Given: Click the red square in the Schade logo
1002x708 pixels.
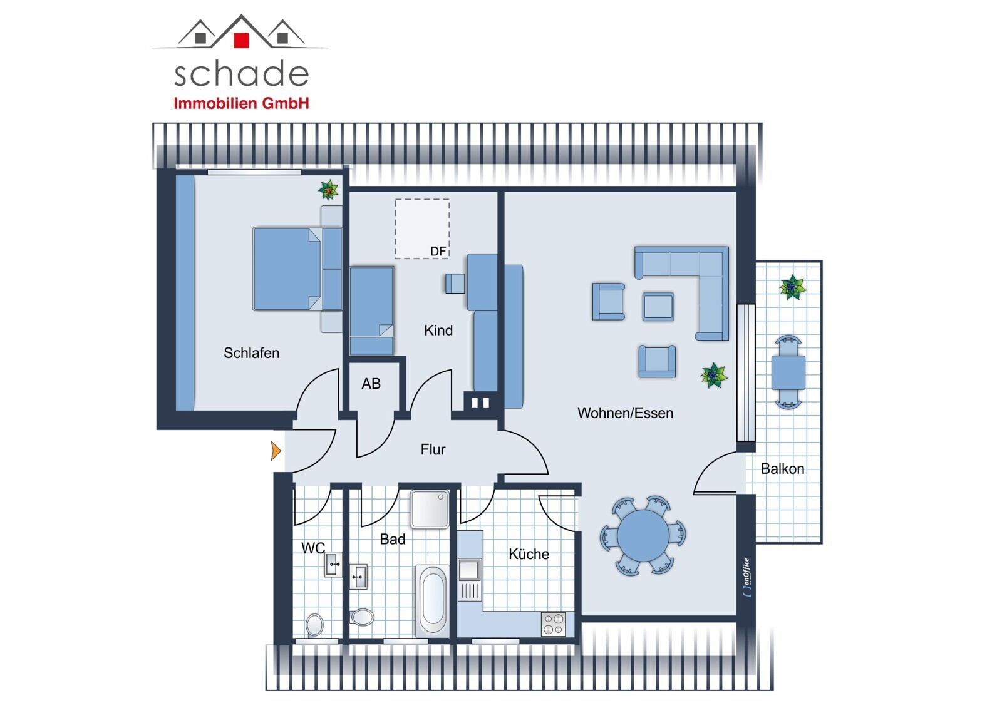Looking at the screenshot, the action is [242, 40].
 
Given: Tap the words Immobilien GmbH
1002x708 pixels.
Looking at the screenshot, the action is [242, 103].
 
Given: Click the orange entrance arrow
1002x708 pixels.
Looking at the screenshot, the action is [276, 450].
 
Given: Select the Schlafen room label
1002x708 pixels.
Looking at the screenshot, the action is [251, 353].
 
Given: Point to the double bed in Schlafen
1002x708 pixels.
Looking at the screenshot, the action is [297, 269].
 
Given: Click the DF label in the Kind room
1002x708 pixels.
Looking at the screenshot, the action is [438, 252].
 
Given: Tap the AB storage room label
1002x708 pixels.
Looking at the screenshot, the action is [371, 383].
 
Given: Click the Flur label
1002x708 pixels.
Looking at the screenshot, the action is [433, 449].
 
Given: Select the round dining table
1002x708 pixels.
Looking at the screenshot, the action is [643, 535].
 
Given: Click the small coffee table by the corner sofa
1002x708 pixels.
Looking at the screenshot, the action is [658, 306].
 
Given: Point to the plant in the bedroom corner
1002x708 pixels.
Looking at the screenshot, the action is [328, 190].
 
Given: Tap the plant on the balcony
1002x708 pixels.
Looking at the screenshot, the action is [793, 287].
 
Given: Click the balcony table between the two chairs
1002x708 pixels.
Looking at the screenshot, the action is [788, 372].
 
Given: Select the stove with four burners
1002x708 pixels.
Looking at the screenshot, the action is [554, 624].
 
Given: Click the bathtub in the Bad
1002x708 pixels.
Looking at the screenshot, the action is [432, 601].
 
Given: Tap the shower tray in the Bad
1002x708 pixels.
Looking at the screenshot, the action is [430, 510].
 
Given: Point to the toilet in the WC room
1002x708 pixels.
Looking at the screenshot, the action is [314, 624].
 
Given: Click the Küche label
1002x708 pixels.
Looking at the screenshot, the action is [529, 554].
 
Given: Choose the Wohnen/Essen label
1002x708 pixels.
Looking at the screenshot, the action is [626, 413].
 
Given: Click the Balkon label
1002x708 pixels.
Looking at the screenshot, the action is [783, 469].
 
